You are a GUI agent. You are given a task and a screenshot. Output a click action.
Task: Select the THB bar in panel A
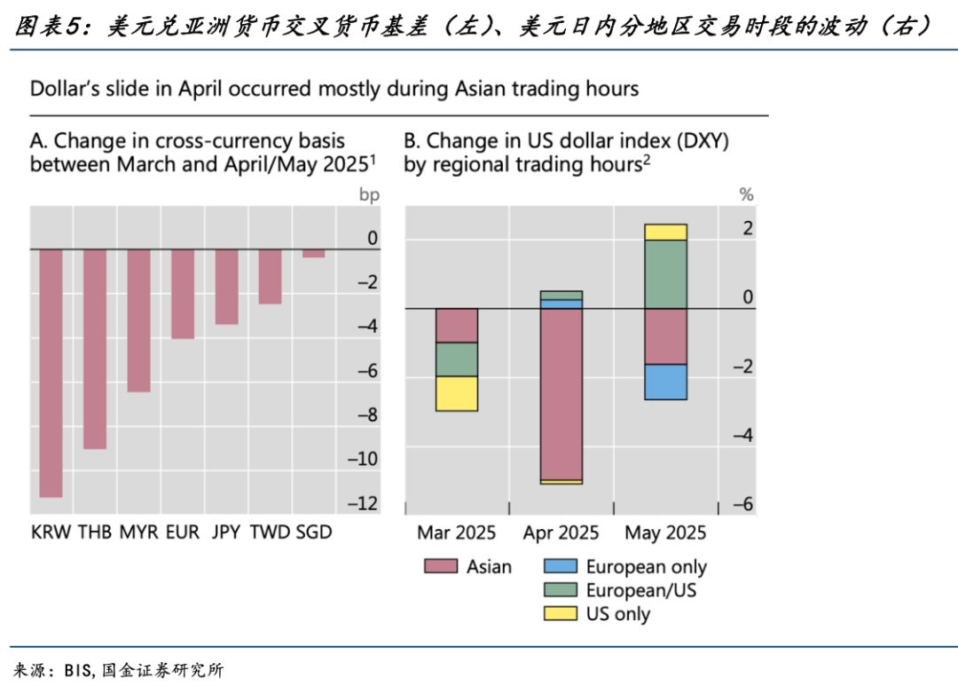tap(95, 349)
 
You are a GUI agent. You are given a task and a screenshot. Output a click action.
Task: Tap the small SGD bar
tap(313, 254)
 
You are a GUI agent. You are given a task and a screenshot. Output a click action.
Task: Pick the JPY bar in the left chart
tap(226, 287)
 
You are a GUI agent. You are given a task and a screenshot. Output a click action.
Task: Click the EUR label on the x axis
tap(183, 532)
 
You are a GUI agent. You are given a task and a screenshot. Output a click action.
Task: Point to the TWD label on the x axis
tap(270, 532)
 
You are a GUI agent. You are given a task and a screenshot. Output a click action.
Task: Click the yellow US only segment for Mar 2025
tap(457, 393)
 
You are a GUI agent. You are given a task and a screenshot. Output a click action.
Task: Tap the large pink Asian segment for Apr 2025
tap(561, 394)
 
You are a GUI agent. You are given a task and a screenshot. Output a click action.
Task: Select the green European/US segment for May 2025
tap(665, 274)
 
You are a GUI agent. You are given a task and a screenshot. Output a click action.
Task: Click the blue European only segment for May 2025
tap(665, 382)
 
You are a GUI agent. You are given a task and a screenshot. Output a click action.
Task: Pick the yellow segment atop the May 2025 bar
tap(665, 232)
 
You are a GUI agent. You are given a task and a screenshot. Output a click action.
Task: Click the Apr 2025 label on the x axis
tap(561, 533)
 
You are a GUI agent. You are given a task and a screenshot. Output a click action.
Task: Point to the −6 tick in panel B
tap(743, 504)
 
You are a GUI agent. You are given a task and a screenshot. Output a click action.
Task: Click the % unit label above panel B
tap(746, 193)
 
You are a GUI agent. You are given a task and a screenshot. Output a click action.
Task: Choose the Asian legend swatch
tap(441, 566)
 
